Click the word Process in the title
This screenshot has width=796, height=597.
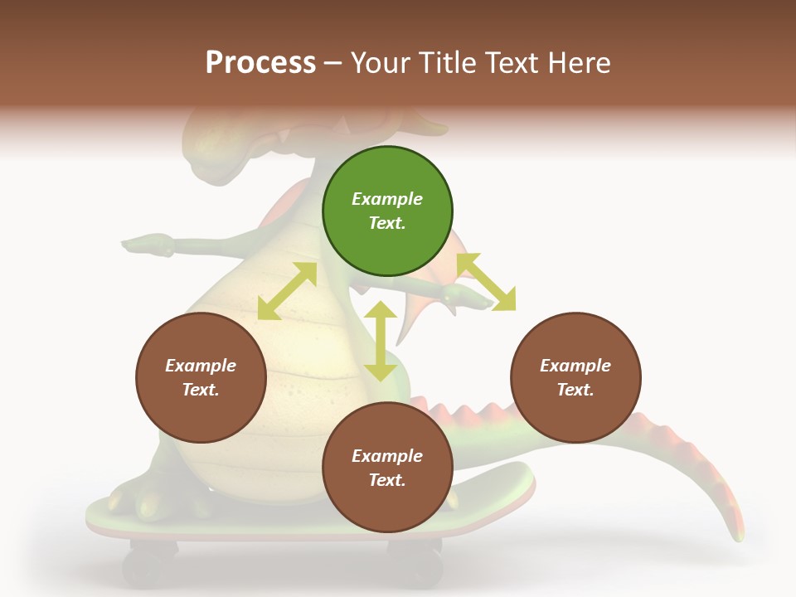point(260,62)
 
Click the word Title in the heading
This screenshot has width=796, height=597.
point(440,62)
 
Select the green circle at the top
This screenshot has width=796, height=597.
point(387,211)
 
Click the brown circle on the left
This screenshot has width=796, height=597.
point(201,377)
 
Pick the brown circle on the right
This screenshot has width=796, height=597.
point(575,377)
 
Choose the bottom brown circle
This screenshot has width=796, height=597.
point(387,468)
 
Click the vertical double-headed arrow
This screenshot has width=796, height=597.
point(381,341)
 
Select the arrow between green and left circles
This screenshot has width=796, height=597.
point(287,291)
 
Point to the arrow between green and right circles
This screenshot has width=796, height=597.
point(486,282)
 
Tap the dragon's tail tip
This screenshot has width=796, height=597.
point(735,531)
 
